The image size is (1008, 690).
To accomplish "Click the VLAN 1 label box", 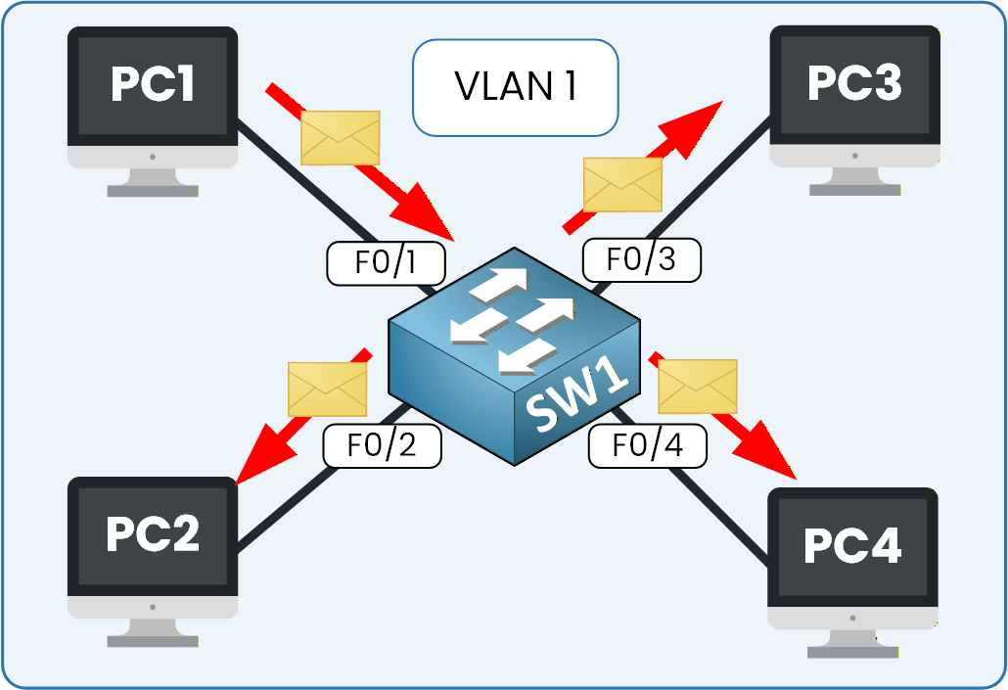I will point(515,86).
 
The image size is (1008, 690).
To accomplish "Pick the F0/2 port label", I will point(383,445).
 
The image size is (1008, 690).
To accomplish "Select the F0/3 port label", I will point(642,259).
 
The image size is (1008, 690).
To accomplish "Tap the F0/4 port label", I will point(648,446).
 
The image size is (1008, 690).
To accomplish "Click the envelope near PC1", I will point(340,138).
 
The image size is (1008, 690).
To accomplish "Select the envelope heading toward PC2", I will point(327,389).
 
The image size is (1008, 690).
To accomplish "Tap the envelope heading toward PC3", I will point(622,184).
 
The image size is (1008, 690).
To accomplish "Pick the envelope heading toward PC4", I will point(697,387).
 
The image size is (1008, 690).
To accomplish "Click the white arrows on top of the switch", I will point(509,318).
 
